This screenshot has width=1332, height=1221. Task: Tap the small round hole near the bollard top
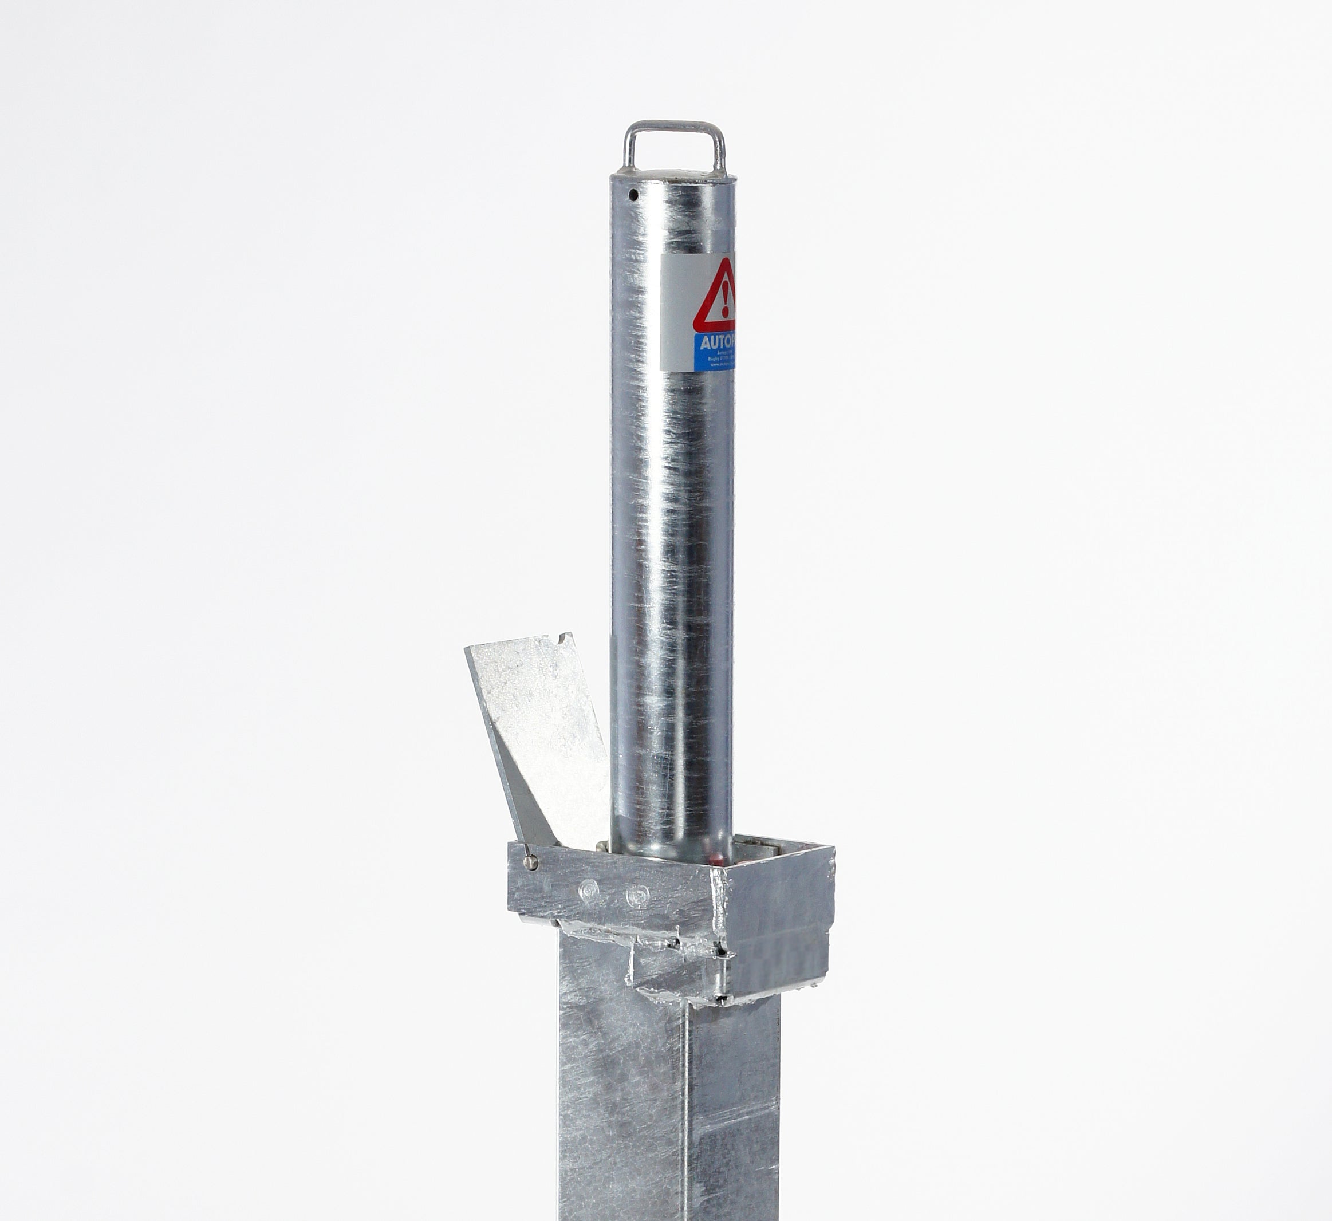[633, 195]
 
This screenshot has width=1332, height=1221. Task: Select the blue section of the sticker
[714, 352]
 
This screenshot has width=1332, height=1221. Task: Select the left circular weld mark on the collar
[588, 891]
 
